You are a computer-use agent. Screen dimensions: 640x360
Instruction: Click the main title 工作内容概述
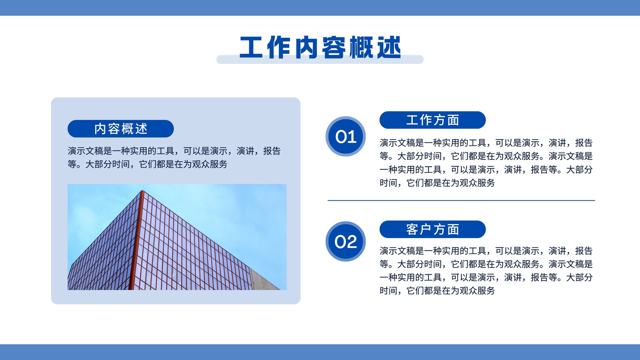[x=320, y=48]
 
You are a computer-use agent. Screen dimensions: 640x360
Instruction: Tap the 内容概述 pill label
[x=120, y=128]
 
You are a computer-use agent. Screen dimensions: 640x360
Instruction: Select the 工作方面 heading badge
[x=432, y=120]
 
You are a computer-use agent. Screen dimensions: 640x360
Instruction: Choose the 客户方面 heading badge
[x=432, y=229]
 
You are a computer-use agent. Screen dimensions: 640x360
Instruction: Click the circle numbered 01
[x=346, y=136]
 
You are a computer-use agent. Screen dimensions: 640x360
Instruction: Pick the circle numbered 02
[x=346, y=242]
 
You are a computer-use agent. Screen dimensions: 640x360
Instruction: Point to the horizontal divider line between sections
[x=461, y=200]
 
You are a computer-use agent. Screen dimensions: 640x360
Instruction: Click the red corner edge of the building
[x=136, y=240]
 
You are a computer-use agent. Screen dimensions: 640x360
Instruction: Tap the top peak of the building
[x=142, y=191]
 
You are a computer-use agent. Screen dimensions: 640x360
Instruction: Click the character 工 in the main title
[x=251, y=48]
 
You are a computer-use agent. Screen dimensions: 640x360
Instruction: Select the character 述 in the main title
[x=389, y=48]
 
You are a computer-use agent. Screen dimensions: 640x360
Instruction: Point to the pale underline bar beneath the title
[x=320, y=60]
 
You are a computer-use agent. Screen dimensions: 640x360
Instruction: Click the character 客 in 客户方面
[x=412, y=230]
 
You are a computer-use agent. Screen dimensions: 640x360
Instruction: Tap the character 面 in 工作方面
[x=453, y=120]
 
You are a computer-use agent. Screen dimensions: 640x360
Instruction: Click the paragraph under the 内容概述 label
[x=174, y=158]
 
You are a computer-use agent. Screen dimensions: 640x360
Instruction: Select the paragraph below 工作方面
[x=486, y=162]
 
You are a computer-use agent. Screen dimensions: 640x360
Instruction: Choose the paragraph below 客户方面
[x=486, y=270]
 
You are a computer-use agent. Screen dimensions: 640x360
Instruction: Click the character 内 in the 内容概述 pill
[x=100, y=129]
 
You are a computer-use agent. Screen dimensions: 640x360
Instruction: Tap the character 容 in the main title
[x=334, y=48]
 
